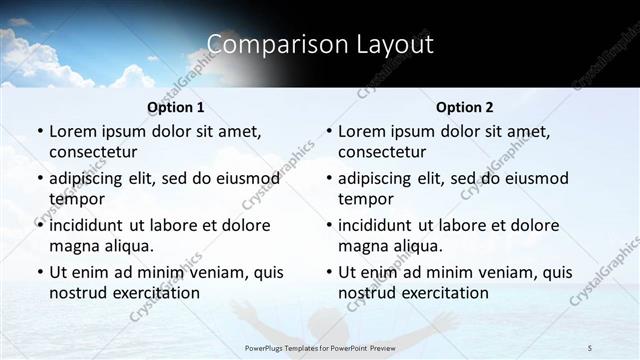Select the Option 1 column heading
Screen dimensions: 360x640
click(176, 107)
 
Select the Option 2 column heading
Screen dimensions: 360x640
click(465, 107)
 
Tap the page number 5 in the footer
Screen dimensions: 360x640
click(590, 347)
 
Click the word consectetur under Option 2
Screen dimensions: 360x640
click(382, 152)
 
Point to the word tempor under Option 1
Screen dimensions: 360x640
click(75, 199)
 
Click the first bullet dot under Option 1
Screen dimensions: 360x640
click(39, 132)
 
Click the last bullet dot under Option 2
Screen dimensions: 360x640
click(328, 272)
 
